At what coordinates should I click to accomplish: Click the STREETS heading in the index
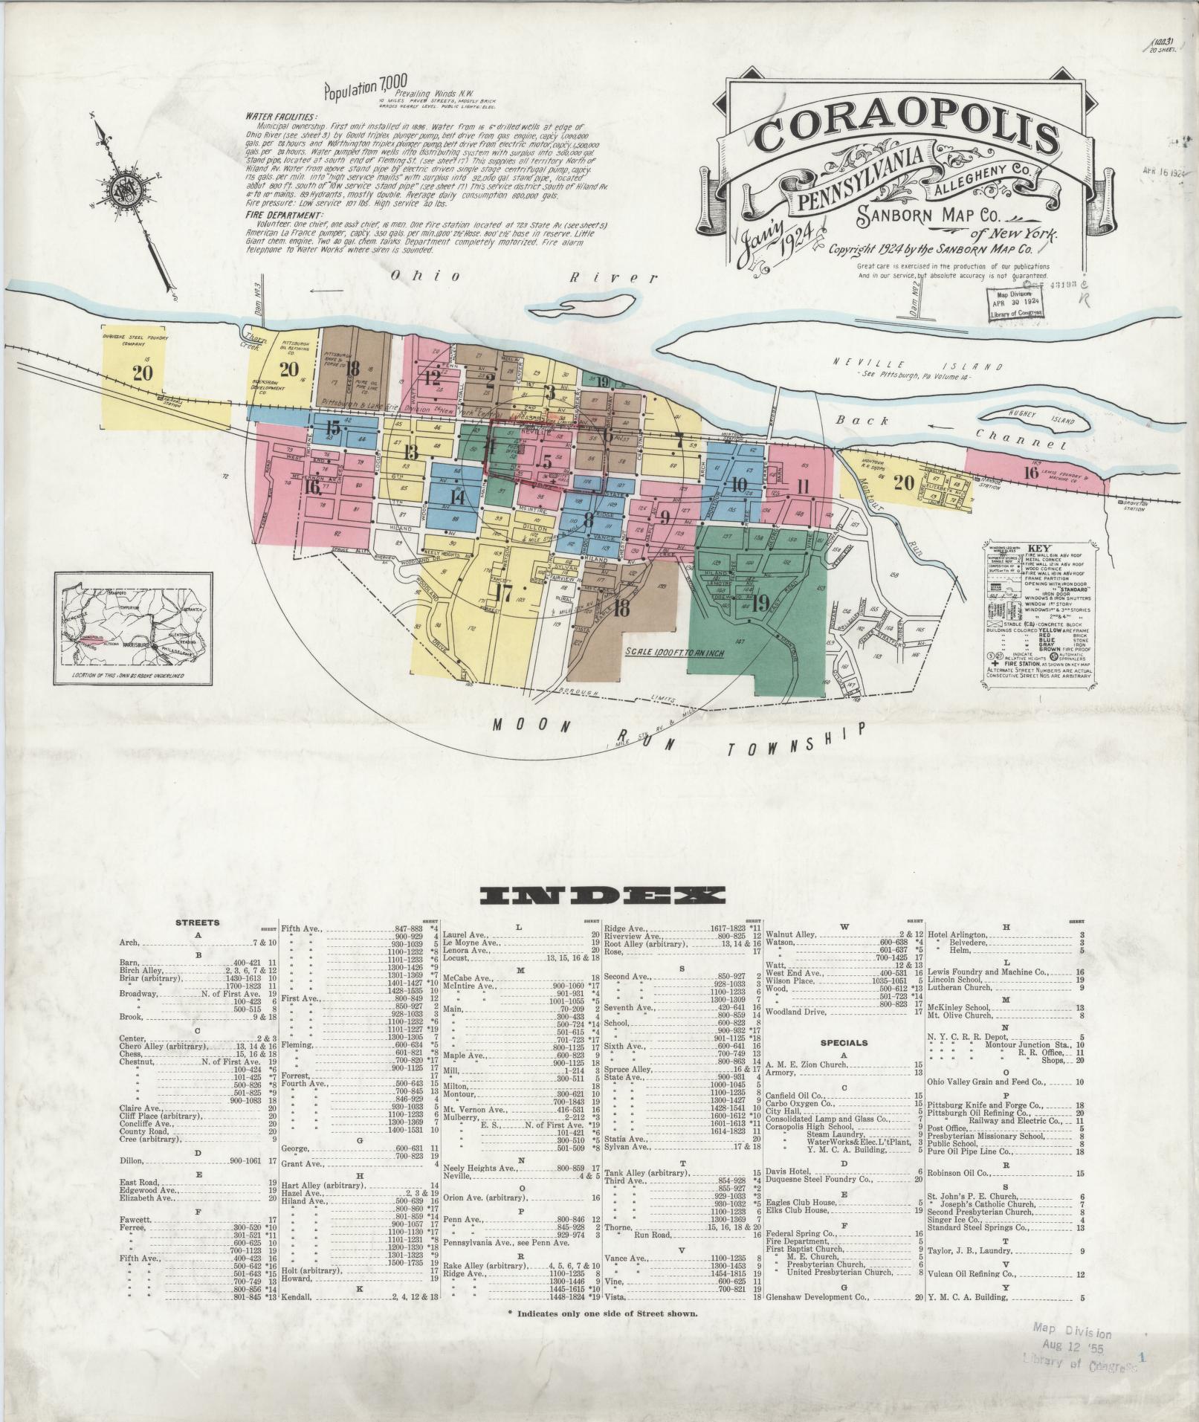click(x=197, y=922)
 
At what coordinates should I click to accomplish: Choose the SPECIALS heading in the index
click(x=845, y=1042)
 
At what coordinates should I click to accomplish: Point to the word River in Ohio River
click(x=613, y=277)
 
